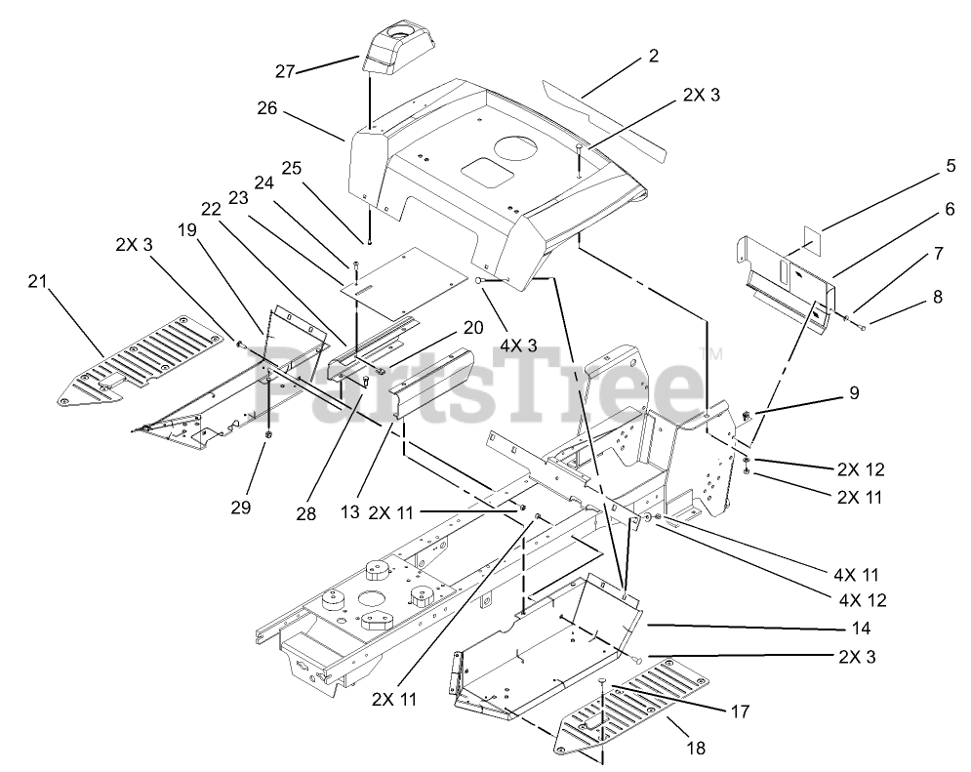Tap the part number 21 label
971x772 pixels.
pos(36,282)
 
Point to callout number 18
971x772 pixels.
pos(697,748)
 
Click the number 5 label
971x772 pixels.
pos(923,167)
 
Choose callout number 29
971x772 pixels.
pos(241,507)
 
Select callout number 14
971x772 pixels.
pos(860,629)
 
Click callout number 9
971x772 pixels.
pos(853,393)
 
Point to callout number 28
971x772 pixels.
pos(305,512)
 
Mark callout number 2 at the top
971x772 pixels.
pos(653,56)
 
